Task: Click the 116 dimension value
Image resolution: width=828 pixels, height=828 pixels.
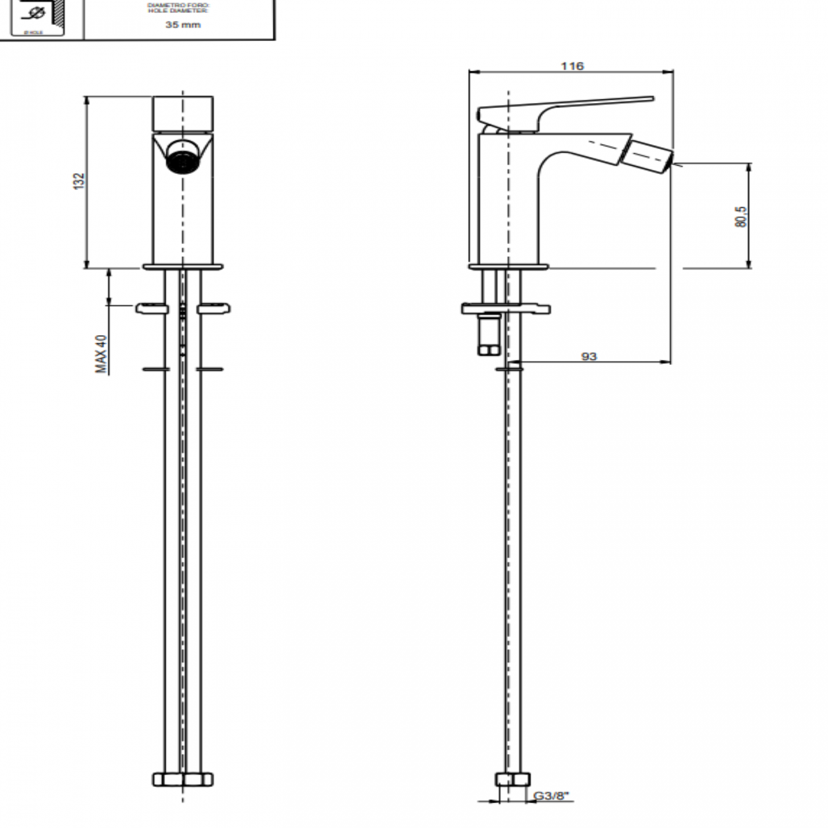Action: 572,66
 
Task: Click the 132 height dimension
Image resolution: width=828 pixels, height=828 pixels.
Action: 79,181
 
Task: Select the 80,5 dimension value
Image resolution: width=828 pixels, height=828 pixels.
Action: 740,217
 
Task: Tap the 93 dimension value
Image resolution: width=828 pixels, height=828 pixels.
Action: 589,356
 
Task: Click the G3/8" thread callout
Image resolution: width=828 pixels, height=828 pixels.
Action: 550,796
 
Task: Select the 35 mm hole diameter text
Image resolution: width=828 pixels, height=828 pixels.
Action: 183,25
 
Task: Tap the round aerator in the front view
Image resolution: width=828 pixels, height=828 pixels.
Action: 182,159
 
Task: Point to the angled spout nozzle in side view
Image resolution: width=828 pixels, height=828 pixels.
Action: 648,155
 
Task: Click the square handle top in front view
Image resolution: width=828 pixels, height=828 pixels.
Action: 183,113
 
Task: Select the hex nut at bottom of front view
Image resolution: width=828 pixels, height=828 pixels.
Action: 183,779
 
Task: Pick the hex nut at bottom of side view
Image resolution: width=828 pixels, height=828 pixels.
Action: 512,780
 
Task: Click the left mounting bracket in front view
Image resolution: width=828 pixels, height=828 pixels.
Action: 152,309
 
